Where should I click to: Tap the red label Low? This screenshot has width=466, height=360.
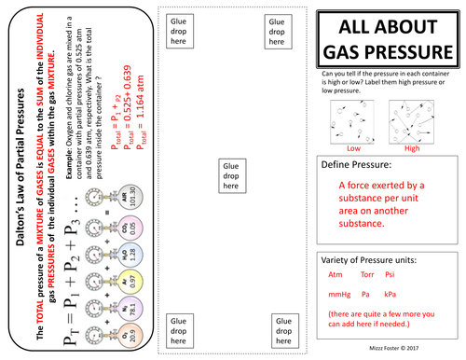point(352,146)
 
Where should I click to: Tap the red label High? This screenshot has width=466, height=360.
point(412,146)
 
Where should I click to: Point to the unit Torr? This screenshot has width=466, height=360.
point(367,274)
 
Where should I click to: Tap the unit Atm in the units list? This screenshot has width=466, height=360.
point(335,274)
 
